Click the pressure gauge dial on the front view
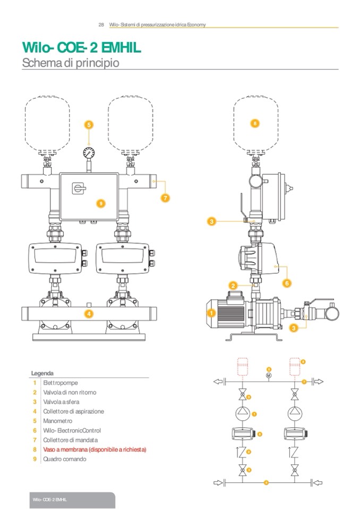89,153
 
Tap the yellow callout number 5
89,125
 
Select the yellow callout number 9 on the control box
101,203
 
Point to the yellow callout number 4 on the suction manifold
89,314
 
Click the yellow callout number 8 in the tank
255,123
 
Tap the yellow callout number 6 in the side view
287,283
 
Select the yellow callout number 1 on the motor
210,314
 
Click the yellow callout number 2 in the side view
233,286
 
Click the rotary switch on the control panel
76,187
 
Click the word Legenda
42,373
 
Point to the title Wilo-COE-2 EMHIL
81,49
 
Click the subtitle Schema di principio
70,63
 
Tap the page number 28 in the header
101,25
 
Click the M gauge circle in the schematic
269,375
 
